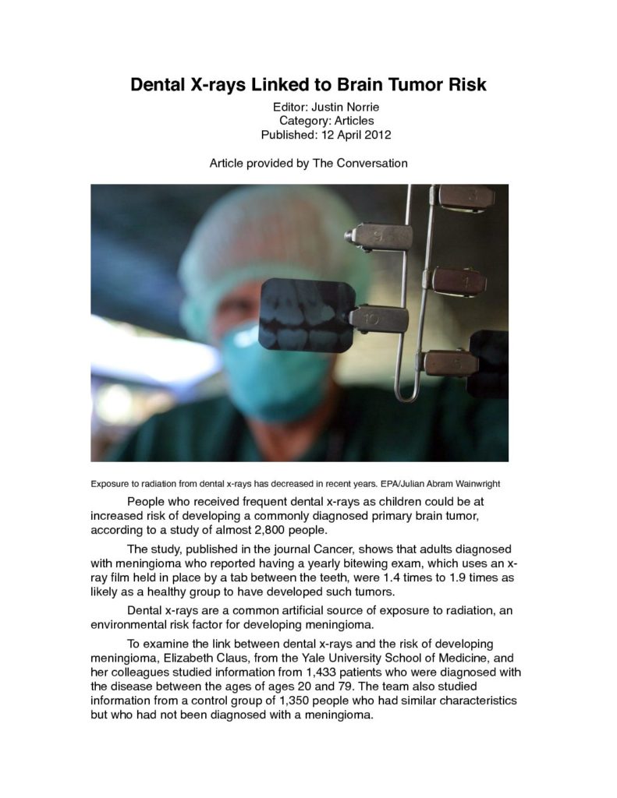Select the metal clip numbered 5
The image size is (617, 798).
pos(452,362)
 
